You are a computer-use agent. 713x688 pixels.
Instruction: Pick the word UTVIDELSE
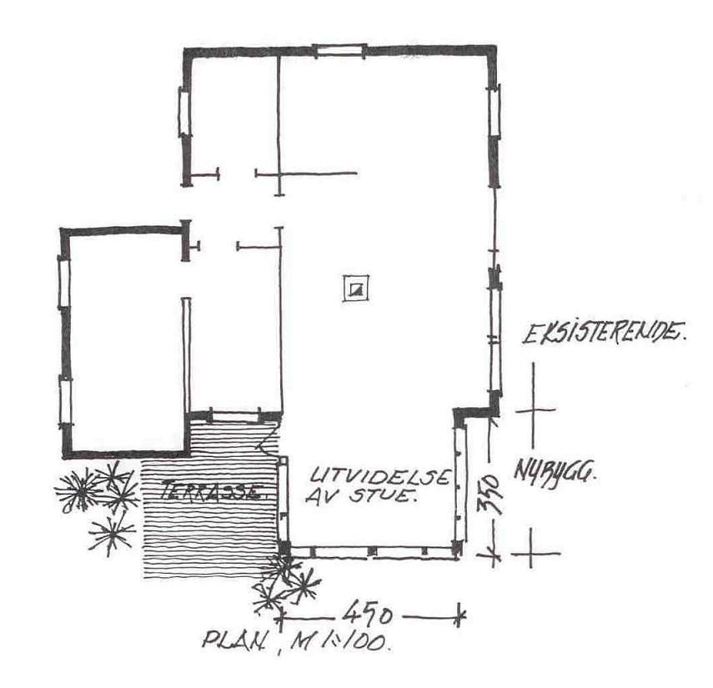[379, 475]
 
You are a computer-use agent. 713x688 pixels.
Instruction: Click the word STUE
[383, 495]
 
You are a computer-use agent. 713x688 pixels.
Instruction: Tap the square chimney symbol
[355, 289]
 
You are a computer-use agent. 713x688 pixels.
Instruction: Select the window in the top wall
[339, 50]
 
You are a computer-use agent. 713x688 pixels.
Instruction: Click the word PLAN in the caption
[233, 641]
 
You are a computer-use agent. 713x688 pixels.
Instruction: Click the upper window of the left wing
[64, 283]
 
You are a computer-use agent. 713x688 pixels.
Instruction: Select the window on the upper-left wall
[183, 111]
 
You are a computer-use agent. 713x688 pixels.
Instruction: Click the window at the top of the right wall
[495, 111]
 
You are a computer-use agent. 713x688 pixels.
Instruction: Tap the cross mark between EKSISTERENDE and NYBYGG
[534, 409]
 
